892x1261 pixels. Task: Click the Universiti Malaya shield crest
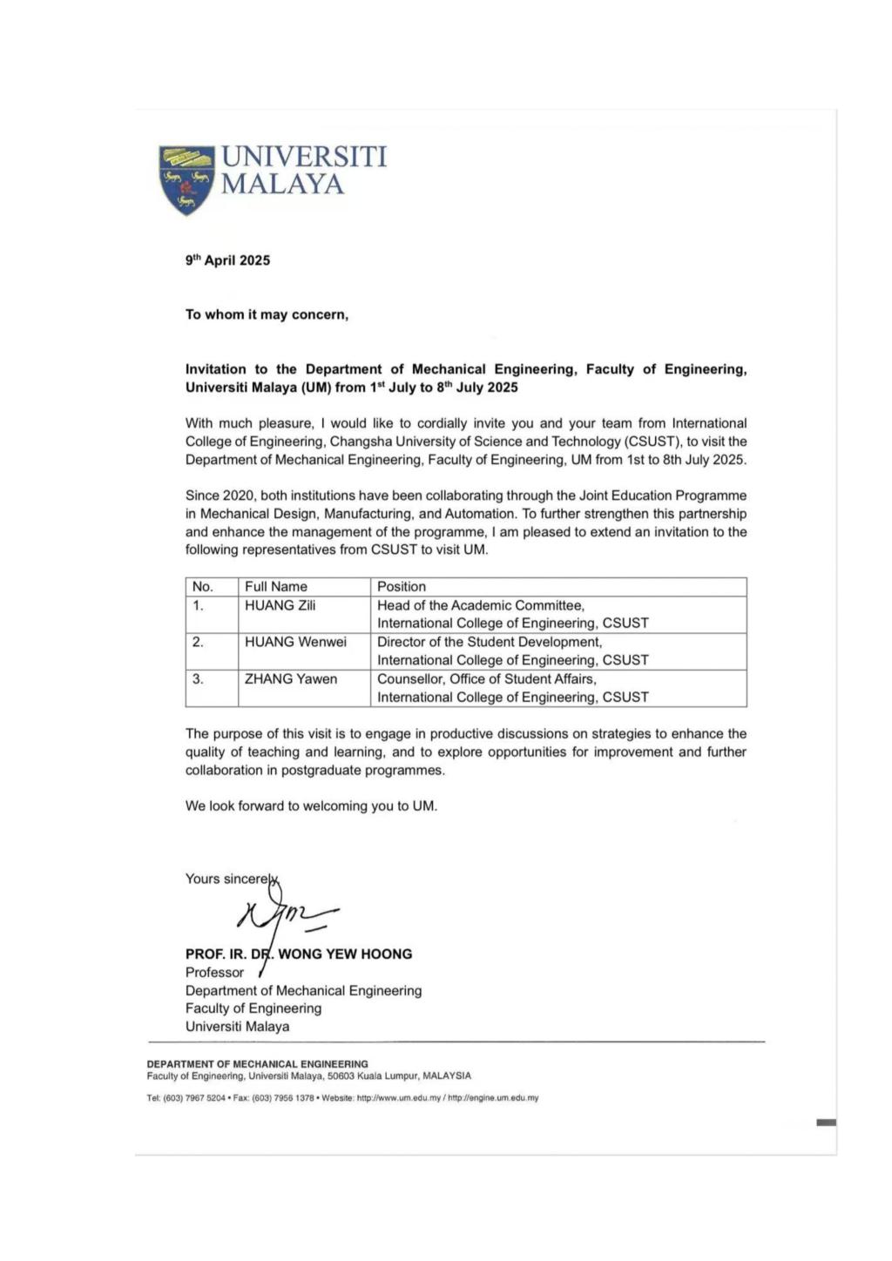186,179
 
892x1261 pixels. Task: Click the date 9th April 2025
227,260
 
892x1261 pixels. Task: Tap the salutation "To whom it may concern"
267,314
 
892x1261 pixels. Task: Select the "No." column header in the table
202,587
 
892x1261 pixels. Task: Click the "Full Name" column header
275,587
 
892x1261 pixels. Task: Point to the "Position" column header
401,587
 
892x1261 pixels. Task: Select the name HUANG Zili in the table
280,605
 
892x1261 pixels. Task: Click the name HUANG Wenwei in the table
295,642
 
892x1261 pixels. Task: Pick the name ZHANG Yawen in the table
290,678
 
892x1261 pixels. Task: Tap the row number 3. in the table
198,678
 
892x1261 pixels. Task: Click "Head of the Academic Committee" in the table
480,605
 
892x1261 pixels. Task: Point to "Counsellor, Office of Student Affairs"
486,678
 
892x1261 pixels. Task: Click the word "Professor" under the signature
214,972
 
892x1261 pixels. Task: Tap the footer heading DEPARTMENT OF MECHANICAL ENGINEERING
257,1063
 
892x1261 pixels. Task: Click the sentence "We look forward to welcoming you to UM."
311,806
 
